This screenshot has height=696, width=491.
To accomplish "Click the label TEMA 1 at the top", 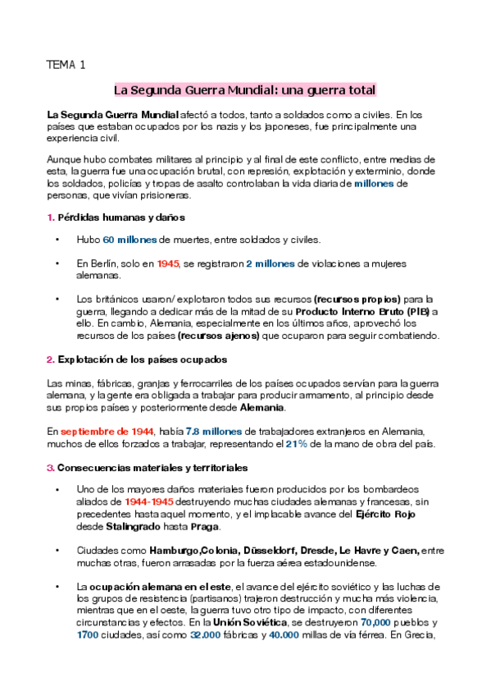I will click(x=66, y=65).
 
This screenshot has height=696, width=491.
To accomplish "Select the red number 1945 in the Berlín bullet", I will click(x=168, y=263).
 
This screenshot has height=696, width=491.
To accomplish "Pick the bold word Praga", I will click(x=205, y=526).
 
